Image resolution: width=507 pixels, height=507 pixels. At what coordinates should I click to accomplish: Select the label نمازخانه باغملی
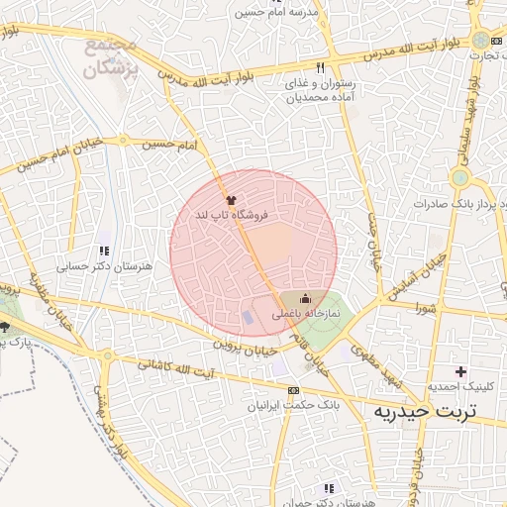point(306,313)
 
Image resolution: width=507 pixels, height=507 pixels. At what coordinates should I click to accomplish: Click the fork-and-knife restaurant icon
point(320,67)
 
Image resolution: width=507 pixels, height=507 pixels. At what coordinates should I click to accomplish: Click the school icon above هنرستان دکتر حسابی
point(104,252)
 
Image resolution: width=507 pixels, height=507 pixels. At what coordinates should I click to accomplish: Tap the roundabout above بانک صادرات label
point(458,178)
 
